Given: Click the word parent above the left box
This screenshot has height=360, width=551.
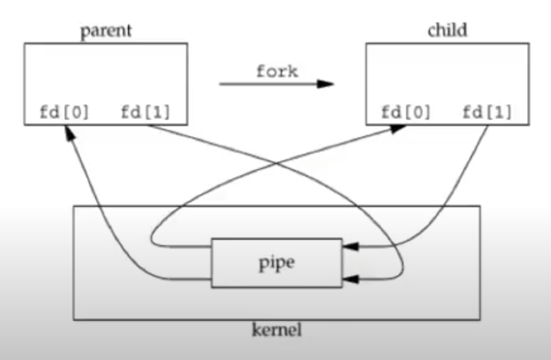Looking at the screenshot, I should coord(106,31).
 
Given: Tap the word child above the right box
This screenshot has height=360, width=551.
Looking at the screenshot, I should coord(447,30).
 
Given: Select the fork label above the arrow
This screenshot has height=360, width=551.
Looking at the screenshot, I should coord(277,72).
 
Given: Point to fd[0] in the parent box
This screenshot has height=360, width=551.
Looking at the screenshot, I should coord(64,112).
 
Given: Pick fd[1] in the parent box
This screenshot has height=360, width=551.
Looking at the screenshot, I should coord(146,112).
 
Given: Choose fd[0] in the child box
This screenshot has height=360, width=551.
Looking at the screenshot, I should coord(406,112).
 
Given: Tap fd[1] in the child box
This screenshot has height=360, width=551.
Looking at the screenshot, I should coord(487,112).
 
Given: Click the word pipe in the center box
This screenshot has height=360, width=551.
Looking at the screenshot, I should coord(277,263).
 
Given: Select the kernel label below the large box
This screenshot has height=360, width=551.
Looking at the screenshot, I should coord(277,330).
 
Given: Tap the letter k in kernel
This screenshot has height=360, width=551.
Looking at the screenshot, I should coord(256,330).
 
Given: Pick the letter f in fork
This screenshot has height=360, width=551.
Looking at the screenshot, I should coord(261,72).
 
